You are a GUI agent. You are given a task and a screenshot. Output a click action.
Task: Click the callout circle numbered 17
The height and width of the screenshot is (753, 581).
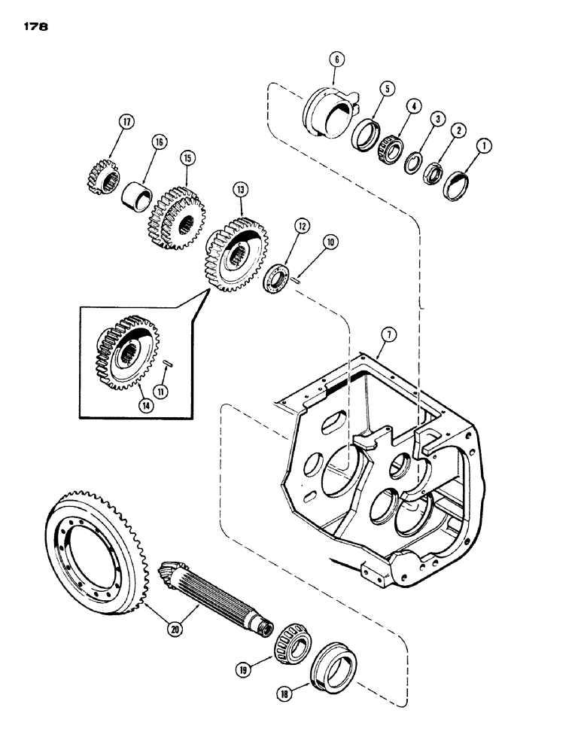click(x=125, y=121)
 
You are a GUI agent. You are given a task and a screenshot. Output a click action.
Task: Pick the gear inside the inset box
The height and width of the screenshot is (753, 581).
click(x=122, y=350)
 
